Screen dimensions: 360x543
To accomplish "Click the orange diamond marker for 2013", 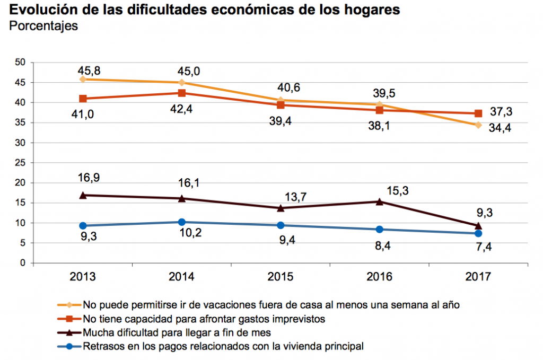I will [83, 79].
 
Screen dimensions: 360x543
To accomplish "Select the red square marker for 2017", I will [478, 113].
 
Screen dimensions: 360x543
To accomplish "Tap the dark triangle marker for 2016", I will [379, 201].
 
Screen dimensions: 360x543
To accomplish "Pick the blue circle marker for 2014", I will [181, 222].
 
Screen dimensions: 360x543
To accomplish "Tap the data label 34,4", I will [500, 127].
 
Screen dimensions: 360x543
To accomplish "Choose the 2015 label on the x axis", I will [281, 277].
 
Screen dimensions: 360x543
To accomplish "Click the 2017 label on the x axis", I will [478, 277].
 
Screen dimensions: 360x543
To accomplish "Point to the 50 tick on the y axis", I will [21, 63].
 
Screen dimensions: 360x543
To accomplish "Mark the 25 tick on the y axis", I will [21, 163].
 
